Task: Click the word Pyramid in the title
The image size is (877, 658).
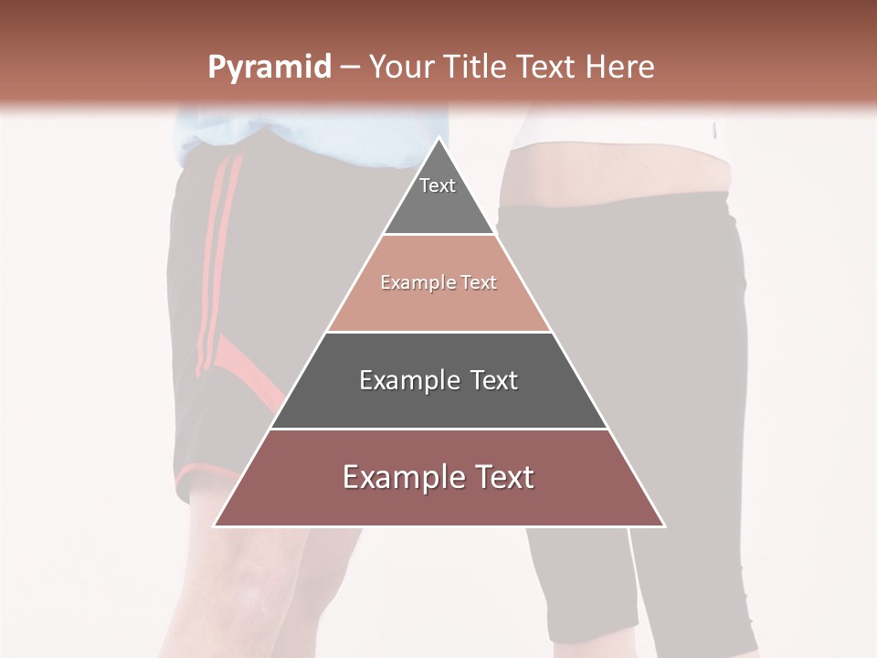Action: coord(269,68)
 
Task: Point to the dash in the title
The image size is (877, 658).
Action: coord(349,68)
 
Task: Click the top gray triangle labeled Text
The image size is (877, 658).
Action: coord(438,196)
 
